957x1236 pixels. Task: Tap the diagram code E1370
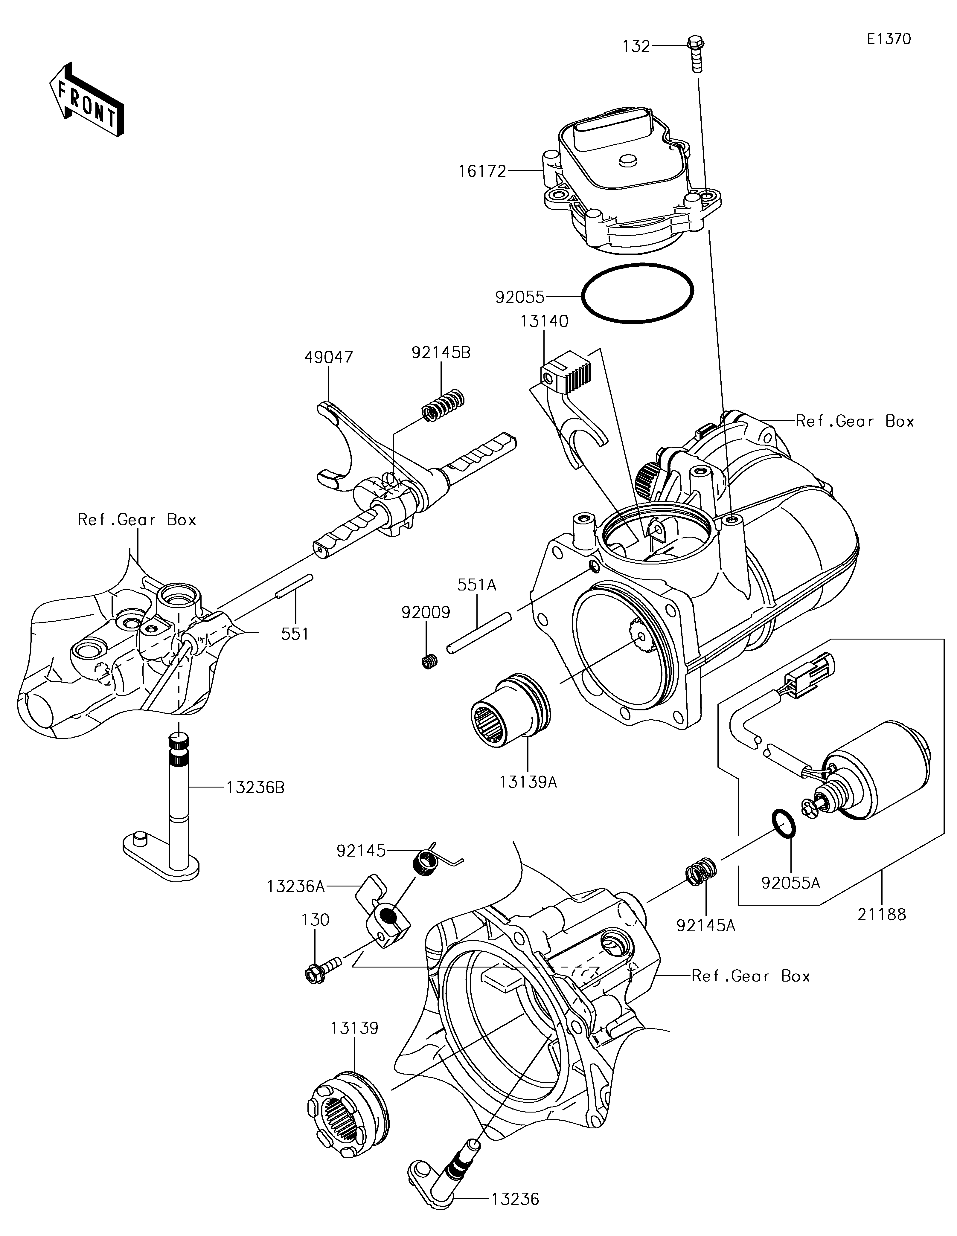point(889,39)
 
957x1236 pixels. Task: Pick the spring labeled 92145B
point(445,405)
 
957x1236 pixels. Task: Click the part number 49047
point(328,357)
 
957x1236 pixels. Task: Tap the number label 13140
point(544,321)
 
